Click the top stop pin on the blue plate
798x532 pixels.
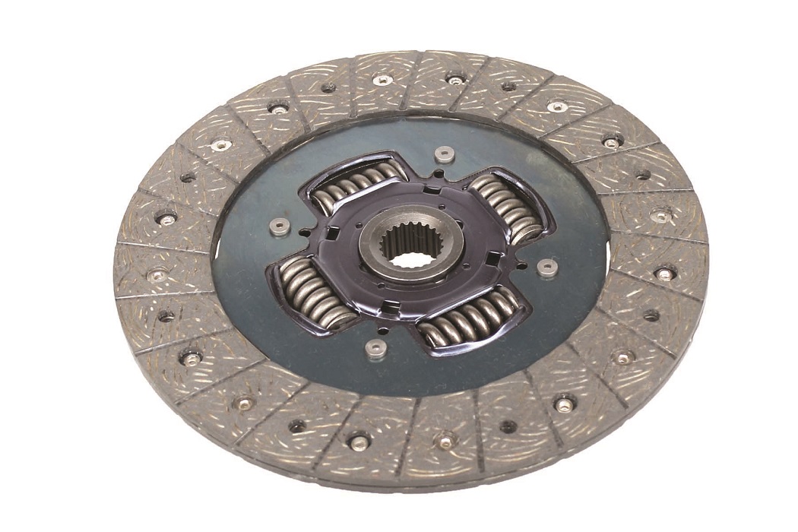(x=443, y=154)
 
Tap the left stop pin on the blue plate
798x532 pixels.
(x=280, y=226)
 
